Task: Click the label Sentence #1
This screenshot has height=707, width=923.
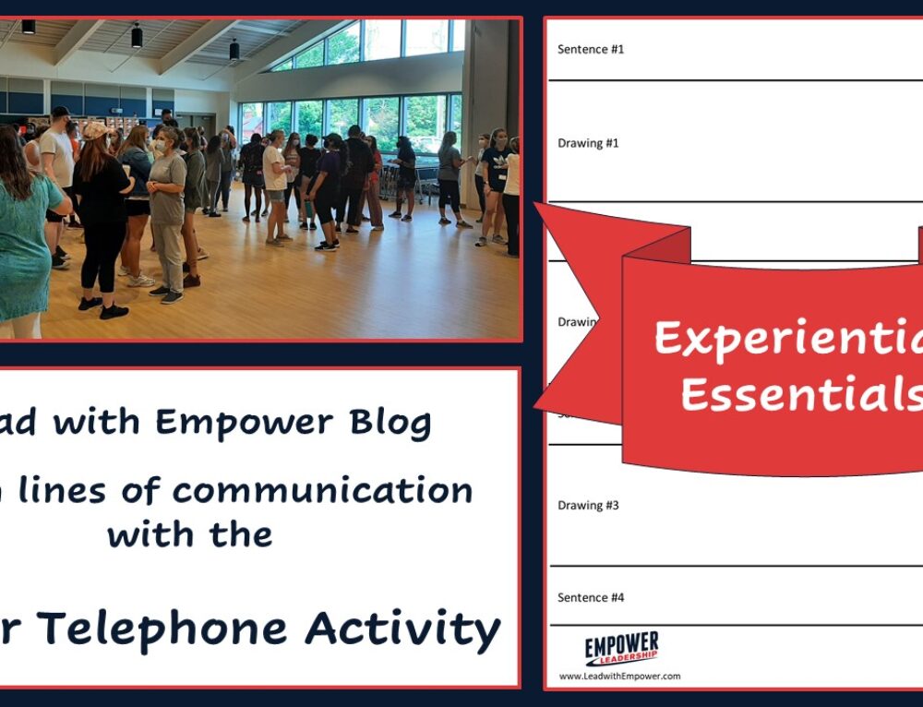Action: pos(591,49)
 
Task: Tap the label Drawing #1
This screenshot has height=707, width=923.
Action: pos(588,143)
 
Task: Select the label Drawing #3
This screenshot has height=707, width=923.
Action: pos(588,505)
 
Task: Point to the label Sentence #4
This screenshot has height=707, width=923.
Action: pos(591,597)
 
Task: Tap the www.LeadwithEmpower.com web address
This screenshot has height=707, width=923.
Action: pos(619,677)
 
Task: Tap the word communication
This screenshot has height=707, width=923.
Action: pos(322,490)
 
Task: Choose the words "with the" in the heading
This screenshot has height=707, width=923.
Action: pos(190,534)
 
